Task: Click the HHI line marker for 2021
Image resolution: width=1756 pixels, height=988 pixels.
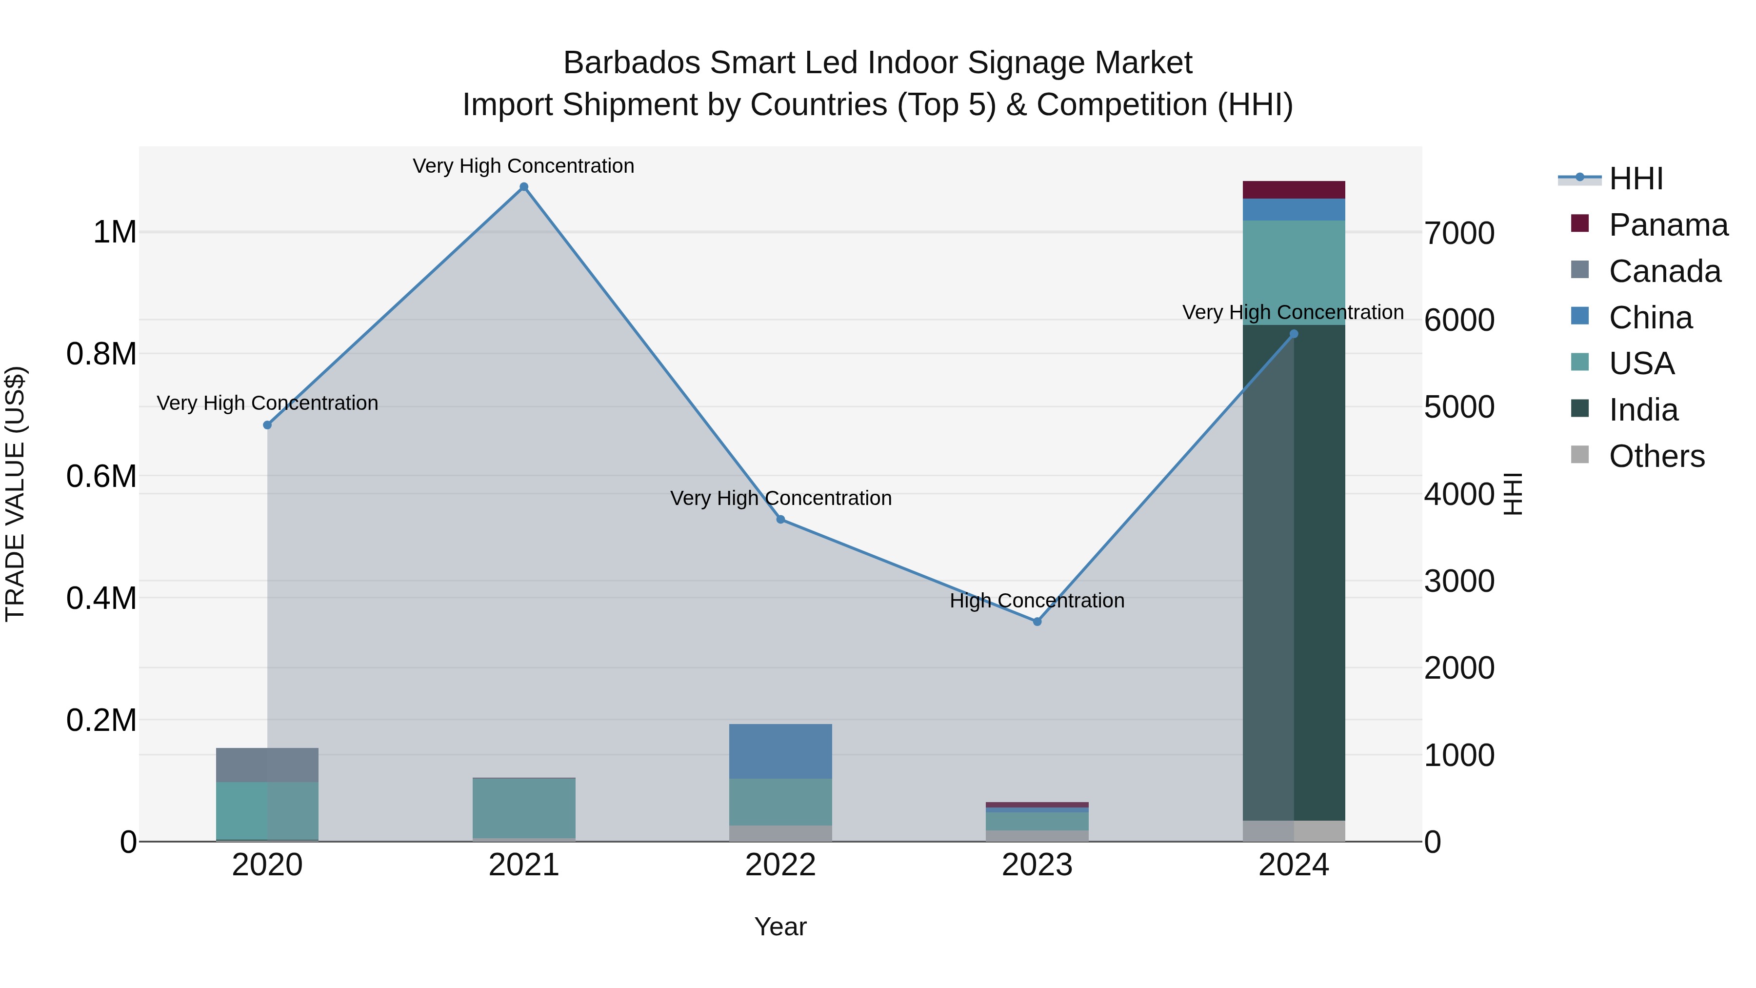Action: tap(523, 187)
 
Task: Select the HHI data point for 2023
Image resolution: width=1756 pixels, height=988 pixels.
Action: tap(1037, 621)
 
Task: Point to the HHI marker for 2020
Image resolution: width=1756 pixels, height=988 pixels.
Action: tap(267, 425)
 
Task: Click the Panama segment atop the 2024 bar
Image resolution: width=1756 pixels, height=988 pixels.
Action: tap(1293, 190)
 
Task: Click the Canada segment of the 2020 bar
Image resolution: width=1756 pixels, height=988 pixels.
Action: tap(267, 765)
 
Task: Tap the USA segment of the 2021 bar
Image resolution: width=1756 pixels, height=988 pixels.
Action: tap(523, 807)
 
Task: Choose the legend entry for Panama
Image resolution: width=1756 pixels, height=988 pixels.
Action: tap(1667, 225)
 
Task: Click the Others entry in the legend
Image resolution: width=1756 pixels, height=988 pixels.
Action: tap(1656, 456)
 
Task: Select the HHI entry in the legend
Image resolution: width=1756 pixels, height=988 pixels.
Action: tap(1636, 179)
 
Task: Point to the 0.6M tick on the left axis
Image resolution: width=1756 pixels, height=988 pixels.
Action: tap(101, 476)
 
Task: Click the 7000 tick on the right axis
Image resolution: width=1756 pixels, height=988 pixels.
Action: tap(1459, 233)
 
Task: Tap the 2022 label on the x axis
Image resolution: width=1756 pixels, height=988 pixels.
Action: tap(780, 865)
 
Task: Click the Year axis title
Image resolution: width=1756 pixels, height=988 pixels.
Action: tap(780, 927)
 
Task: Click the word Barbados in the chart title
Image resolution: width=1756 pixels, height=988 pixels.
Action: tap(631, 63)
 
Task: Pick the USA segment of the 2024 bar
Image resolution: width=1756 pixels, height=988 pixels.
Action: tap(1293, 272)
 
